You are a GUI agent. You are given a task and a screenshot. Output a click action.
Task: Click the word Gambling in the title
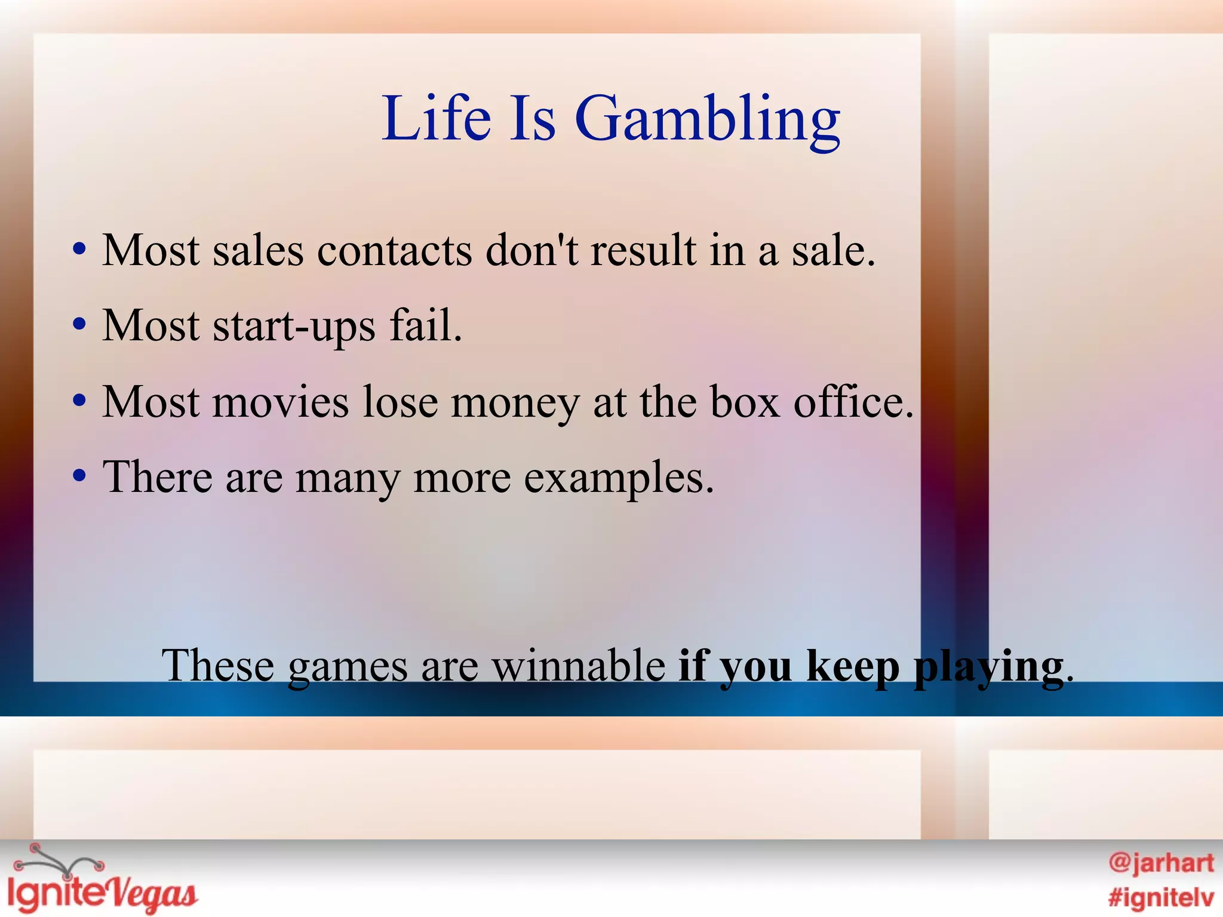coord(707,119)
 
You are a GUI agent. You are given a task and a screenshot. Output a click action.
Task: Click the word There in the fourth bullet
coord(158,477)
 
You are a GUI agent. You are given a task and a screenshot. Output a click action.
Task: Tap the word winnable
coord(578,666)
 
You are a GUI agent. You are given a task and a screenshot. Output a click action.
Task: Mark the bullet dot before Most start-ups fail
coord(79,326)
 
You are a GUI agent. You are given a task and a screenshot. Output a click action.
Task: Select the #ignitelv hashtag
coord(1161,897)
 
